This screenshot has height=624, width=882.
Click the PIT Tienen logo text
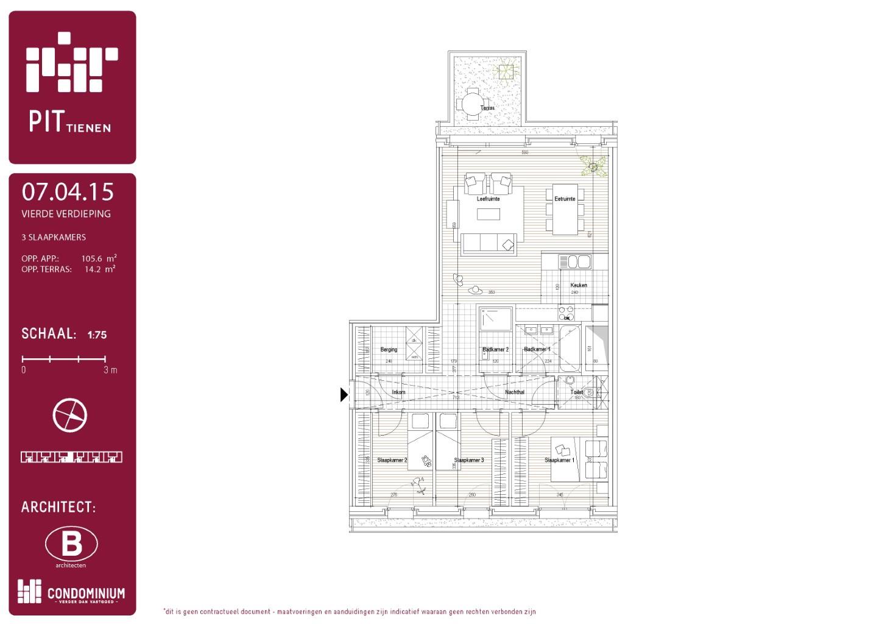pyautogui.click(x=69, y=121)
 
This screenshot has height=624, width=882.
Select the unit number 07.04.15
pyautogui.click(x=68, y=192)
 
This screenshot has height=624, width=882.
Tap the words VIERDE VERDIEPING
pyautogui.click(x=66, y=214)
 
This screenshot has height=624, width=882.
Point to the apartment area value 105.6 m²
pyautogui.click(x=99, y=258)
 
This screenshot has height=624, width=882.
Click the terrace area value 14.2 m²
pyautogui.click(x=99, y=269)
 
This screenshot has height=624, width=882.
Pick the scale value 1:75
pyautogui.click(x=97, y=335)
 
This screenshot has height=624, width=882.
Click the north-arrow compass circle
pyautogui.click(x=70, y=416)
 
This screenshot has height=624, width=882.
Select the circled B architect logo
pyautogui.click(x=71, y=544)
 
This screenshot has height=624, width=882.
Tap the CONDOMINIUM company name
pyautogui.click(x=86, y=593)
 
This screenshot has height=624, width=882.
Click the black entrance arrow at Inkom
pyautogui.click(x=344, y=395)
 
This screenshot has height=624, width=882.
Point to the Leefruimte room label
pyautogui.click(x=488, y=199)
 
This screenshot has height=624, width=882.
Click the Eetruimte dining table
pyautogui.click(x=565, y=210)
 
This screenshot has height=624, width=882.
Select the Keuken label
pyautogui.click(x=578, y=285)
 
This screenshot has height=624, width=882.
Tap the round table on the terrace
pyautogui.click(x=472, y=104)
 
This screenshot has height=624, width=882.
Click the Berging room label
pyautogui.click(x=389, y=350)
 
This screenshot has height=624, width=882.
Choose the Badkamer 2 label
pyautogui.click(x=495, y=350)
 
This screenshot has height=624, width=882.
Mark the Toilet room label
pyautogui.click(x=576, y=392)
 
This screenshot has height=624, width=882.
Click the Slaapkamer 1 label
pyautogui.click(x=559, y=460)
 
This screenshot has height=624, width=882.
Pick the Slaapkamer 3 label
pyautogui.click(x=469, y=460)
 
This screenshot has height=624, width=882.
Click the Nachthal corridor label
pyautogui.click(x=515, y=392)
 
